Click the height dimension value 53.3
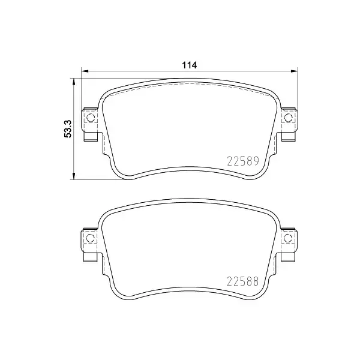68,128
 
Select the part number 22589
242,160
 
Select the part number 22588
242,280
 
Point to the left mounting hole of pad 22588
92,239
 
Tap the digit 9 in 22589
255,160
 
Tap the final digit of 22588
255,280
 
